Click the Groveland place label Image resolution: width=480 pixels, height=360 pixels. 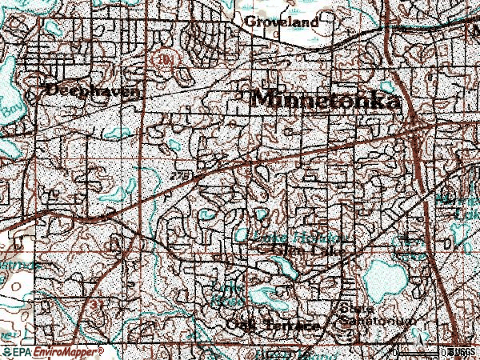tap(281, 22)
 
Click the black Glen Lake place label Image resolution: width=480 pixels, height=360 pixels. tap(306, 250)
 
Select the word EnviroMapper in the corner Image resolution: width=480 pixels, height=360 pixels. tap(66, 351)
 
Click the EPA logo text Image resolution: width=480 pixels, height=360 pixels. tap(22, 351)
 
